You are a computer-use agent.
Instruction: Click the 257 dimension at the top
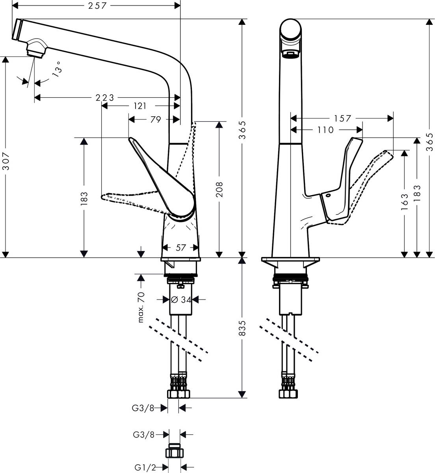click(x=96, y=6)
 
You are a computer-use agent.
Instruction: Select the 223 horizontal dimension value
click(x=105, y=97)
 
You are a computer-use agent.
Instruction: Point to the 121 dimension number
click(x=139, y=106)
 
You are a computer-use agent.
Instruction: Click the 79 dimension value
click(x=155, y=119)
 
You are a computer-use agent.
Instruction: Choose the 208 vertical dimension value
click(x=219, y=190)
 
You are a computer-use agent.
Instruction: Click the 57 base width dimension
click(x=180, y=248)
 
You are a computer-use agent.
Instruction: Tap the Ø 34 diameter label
click(x=181, y=300)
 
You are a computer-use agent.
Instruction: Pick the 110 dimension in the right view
click(x=325, y=130)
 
